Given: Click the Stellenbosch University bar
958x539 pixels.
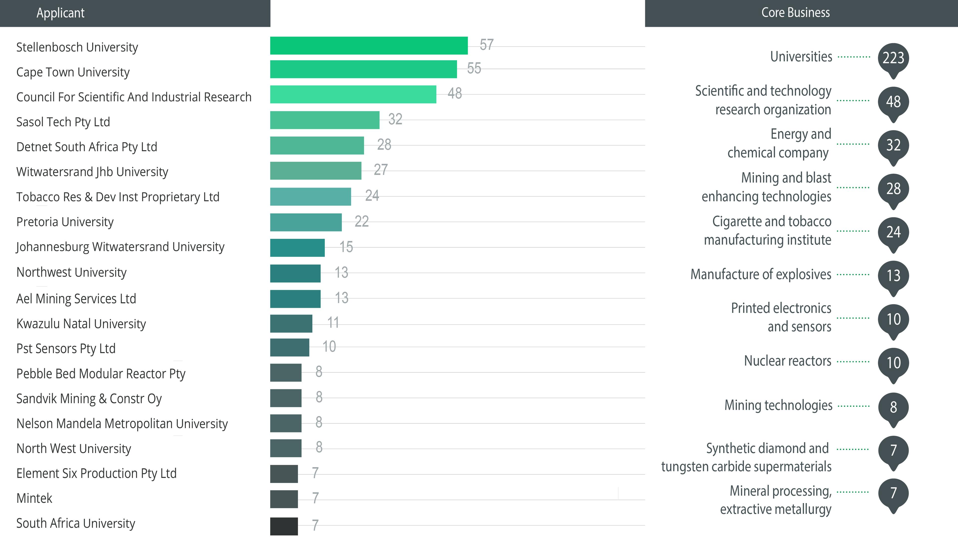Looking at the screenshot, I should (368, 45).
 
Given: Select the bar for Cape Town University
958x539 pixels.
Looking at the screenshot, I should (363, 69).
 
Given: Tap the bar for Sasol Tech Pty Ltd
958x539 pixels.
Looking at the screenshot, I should (325, 120).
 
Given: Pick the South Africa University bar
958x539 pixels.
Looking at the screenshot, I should (284, 526).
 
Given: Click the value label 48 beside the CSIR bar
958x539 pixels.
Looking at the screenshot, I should (455, 93).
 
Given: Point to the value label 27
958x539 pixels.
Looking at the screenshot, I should (380, 170).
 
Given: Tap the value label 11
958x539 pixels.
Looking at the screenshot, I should (333, 323).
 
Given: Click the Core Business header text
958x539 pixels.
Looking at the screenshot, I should (796, 13).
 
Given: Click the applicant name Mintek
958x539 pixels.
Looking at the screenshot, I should (34, 498).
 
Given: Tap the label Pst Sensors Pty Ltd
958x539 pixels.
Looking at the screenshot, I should (66, 349).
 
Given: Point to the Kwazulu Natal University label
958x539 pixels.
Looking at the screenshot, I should (81, 324).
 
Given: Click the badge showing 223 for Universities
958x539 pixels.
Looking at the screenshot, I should (893, 58).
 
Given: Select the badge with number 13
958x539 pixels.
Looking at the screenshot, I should (893, 276).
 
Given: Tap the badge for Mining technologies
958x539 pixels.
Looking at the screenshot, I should (893, 407).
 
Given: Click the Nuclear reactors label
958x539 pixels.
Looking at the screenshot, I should (787, 361).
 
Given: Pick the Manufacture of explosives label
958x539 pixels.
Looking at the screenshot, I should (760, 274).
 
